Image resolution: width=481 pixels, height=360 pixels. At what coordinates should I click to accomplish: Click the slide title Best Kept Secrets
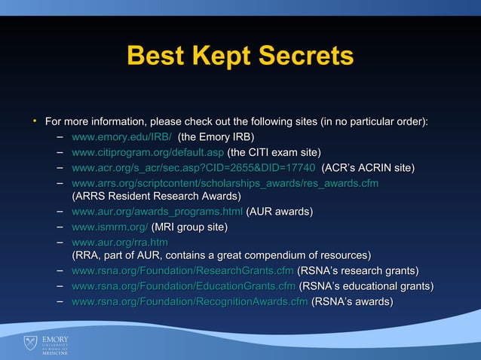coord(240,56)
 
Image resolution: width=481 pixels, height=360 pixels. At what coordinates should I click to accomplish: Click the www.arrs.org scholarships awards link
coord(225,183)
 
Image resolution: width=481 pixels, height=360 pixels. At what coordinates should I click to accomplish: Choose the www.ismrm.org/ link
coord(109,227)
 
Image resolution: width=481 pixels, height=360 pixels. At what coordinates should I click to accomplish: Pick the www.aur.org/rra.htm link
coord(119,243)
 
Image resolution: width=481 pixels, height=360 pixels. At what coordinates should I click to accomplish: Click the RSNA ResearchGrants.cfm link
coord(182,270)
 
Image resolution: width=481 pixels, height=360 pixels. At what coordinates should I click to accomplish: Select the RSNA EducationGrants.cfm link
coord(183,286)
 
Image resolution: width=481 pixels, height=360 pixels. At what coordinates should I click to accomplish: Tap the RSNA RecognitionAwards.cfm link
coord(189,302)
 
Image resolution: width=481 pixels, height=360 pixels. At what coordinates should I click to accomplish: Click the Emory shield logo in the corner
coord(30,344)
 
